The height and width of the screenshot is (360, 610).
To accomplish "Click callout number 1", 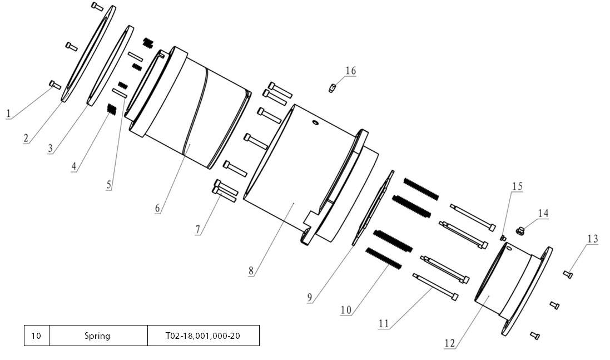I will (x=8, y=114).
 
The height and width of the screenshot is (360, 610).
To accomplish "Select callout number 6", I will (x=158, y=209).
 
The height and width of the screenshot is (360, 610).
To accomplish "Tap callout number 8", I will (x=252, y=272).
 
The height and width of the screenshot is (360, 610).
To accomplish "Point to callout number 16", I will (x=350, y=71).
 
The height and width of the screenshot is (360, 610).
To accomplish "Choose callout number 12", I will (x=450, y=343).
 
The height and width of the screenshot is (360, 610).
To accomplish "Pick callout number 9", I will (x=310, y=298).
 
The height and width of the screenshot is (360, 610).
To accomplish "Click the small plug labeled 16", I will (x=332, y=88).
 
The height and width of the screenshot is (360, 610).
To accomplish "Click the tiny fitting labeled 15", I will (x=503, y=238).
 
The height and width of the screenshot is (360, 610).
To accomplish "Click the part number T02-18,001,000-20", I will (x=203, y=336).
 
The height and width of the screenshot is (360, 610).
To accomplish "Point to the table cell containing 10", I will (x=36, y=336).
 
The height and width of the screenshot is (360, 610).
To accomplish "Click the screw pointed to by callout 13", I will (x=568, y=274).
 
